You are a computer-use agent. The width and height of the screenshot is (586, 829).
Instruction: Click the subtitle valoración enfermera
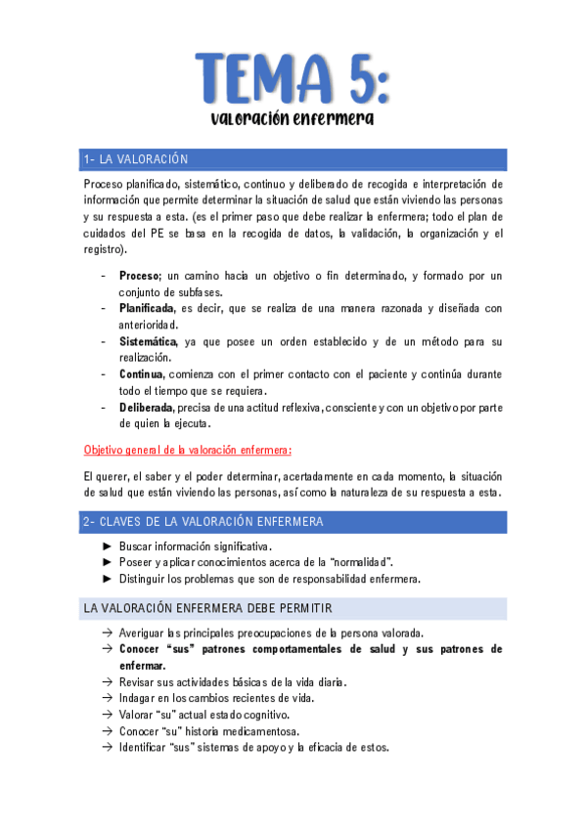coord(293,119)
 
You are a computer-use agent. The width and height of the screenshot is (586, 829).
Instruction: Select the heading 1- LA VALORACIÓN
coord(137,159)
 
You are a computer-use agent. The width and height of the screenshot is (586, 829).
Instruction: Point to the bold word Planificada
coord(148,308)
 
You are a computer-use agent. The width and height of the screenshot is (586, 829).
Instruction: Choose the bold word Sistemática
coord(148,341)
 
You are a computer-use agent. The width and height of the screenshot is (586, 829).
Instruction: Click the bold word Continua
coord(142,374)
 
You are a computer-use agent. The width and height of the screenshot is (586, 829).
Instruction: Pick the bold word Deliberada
coord(147,408)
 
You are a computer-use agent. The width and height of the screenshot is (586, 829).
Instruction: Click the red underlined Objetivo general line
coord(188,450)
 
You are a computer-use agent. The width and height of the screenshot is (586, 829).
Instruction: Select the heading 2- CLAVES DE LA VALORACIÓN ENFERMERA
coord(203,522)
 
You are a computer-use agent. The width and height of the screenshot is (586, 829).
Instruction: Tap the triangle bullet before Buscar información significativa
coord(107,546)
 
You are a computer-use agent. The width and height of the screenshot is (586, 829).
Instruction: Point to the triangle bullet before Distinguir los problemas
coord(107,578)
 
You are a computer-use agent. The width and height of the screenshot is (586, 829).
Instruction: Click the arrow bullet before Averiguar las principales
coord(107,633)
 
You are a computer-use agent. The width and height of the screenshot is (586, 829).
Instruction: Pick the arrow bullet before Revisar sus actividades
coord(107,681)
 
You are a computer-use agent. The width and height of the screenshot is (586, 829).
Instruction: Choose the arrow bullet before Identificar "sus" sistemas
coord(107,748)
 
